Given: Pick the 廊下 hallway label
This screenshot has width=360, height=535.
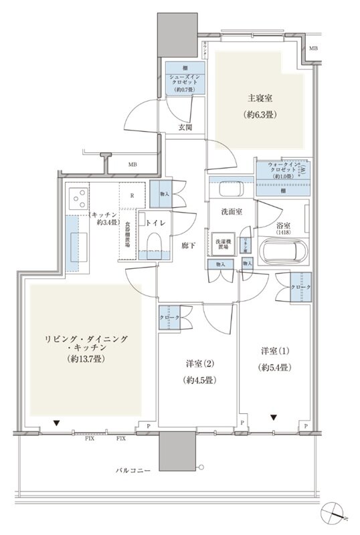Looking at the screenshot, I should point(187,245).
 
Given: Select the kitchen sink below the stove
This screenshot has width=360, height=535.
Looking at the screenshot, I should point(73,241).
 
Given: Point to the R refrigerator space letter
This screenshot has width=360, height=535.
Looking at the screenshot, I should point(132,197).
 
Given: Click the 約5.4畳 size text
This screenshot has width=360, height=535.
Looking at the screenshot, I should point(275,367).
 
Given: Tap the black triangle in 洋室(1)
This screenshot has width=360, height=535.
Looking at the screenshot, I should point(274,418).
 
